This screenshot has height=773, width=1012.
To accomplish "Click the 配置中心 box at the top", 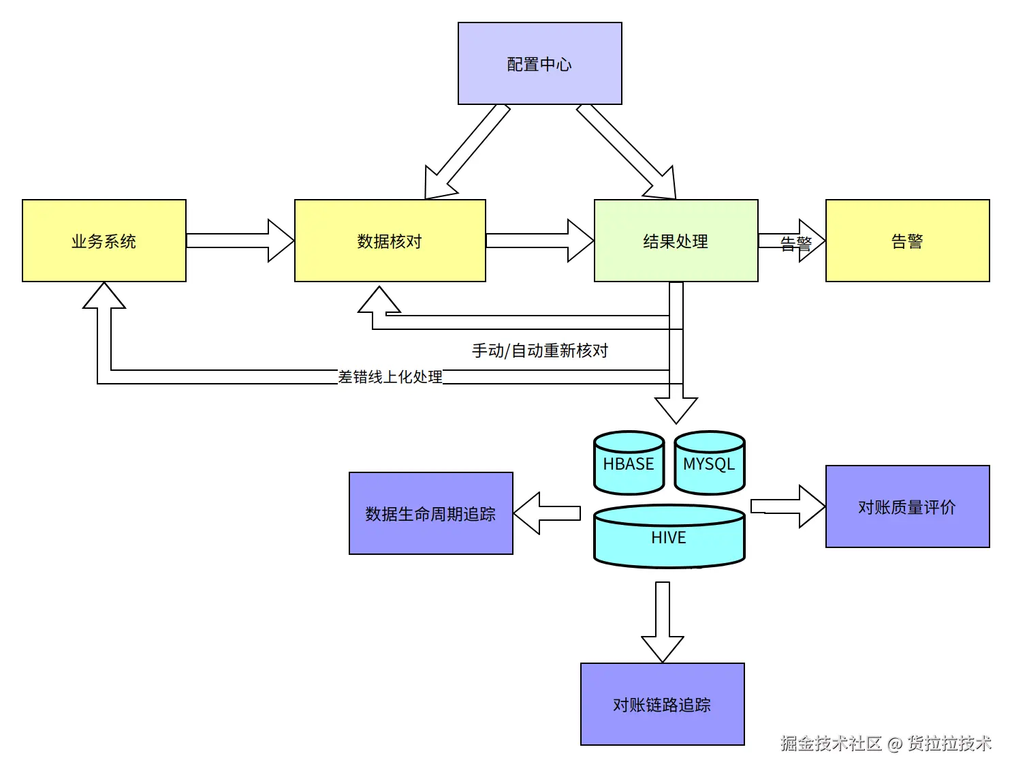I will pos(539,63).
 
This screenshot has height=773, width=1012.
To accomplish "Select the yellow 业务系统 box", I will pos(104,241).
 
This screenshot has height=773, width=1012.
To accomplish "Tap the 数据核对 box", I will pos(390,241).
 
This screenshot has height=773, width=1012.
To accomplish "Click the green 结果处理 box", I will pos(676,241).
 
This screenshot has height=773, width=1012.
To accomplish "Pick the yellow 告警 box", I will pos(907,241).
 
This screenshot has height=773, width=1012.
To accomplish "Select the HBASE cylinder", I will pos(628,465).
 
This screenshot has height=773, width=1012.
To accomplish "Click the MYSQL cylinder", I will pos(709,465).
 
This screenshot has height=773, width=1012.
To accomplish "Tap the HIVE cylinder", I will pos(669,539).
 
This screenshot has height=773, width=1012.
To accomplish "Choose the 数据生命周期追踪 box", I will pos(430,513).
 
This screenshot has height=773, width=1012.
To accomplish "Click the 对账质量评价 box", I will pos(907,506).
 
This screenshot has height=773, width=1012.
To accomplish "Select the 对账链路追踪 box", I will pos(662,704).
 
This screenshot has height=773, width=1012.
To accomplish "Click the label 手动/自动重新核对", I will pos(539,350).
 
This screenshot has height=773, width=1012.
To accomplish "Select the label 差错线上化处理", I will pos(390,377).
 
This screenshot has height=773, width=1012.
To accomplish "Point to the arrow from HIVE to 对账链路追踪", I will pos(662,620).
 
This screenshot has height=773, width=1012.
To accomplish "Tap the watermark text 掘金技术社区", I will pos(831,743).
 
